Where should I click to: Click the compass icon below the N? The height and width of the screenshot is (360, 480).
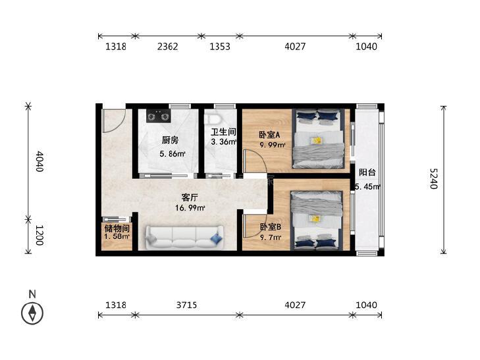pos(32,313)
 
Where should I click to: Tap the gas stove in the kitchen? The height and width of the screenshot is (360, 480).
pos(158,116)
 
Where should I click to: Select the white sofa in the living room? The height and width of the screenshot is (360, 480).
pos(184,238)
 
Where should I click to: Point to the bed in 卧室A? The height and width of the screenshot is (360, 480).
pos(319,139)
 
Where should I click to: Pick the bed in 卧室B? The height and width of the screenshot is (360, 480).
pos(316,220)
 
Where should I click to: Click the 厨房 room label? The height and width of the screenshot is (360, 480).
pos(170,140)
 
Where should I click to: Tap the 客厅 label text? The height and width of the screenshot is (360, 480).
pos(190,197)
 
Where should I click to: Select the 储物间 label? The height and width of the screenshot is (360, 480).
pos(117,228)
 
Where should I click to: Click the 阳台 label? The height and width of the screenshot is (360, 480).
pos(367,172)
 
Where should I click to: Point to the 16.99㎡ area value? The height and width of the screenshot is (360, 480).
pos(190,208)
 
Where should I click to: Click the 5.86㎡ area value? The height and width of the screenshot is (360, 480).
pos(173,153)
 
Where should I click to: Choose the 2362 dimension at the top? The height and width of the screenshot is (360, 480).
pos(167,47)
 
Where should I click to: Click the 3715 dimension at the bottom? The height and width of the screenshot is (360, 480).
pos(186,305)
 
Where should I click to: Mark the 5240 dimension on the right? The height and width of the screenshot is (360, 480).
pos(433,179)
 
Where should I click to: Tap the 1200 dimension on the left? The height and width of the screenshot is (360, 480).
pos(40,235)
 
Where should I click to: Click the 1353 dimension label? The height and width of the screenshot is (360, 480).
pos(220,47)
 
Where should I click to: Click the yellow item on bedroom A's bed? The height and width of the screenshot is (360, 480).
pos(316,141)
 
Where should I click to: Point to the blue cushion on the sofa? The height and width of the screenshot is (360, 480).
pos(216,238)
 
